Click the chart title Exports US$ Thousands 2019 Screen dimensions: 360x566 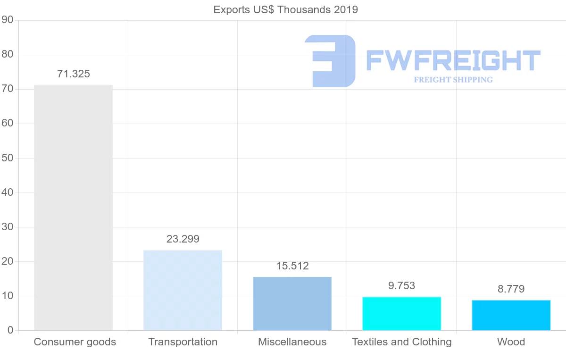click(285, 9)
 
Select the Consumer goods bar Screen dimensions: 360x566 click(73, 208)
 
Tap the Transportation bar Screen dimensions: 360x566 click(183, 290)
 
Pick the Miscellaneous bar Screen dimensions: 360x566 click(292, 303)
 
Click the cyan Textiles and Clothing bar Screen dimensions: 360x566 click(401, 313)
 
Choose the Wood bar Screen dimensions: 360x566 click(511, 315)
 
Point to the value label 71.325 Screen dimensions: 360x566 click(73, 74)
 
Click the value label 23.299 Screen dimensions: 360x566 click(183, 239)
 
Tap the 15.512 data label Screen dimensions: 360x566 click(292, 266)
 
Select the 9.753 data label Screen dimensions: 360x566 click(401, 286)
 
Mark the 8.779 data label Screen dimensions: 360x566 click(511, 289)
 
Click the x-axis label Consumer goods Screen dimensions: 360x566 click(75, 342)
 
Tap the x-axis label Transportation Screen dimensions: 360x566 click(183, 342)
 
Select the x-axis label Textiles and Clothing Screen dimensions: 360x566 click(401, 342)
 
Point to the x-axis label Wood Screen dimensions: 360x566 click(511, 342)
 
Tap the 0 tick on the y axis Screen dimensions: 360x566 click(9, 330)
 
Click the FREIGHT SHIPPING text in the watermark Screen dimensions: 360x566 click(453, 80)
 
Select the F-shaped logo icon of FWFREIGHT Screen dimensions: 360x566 click(330, 61)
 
